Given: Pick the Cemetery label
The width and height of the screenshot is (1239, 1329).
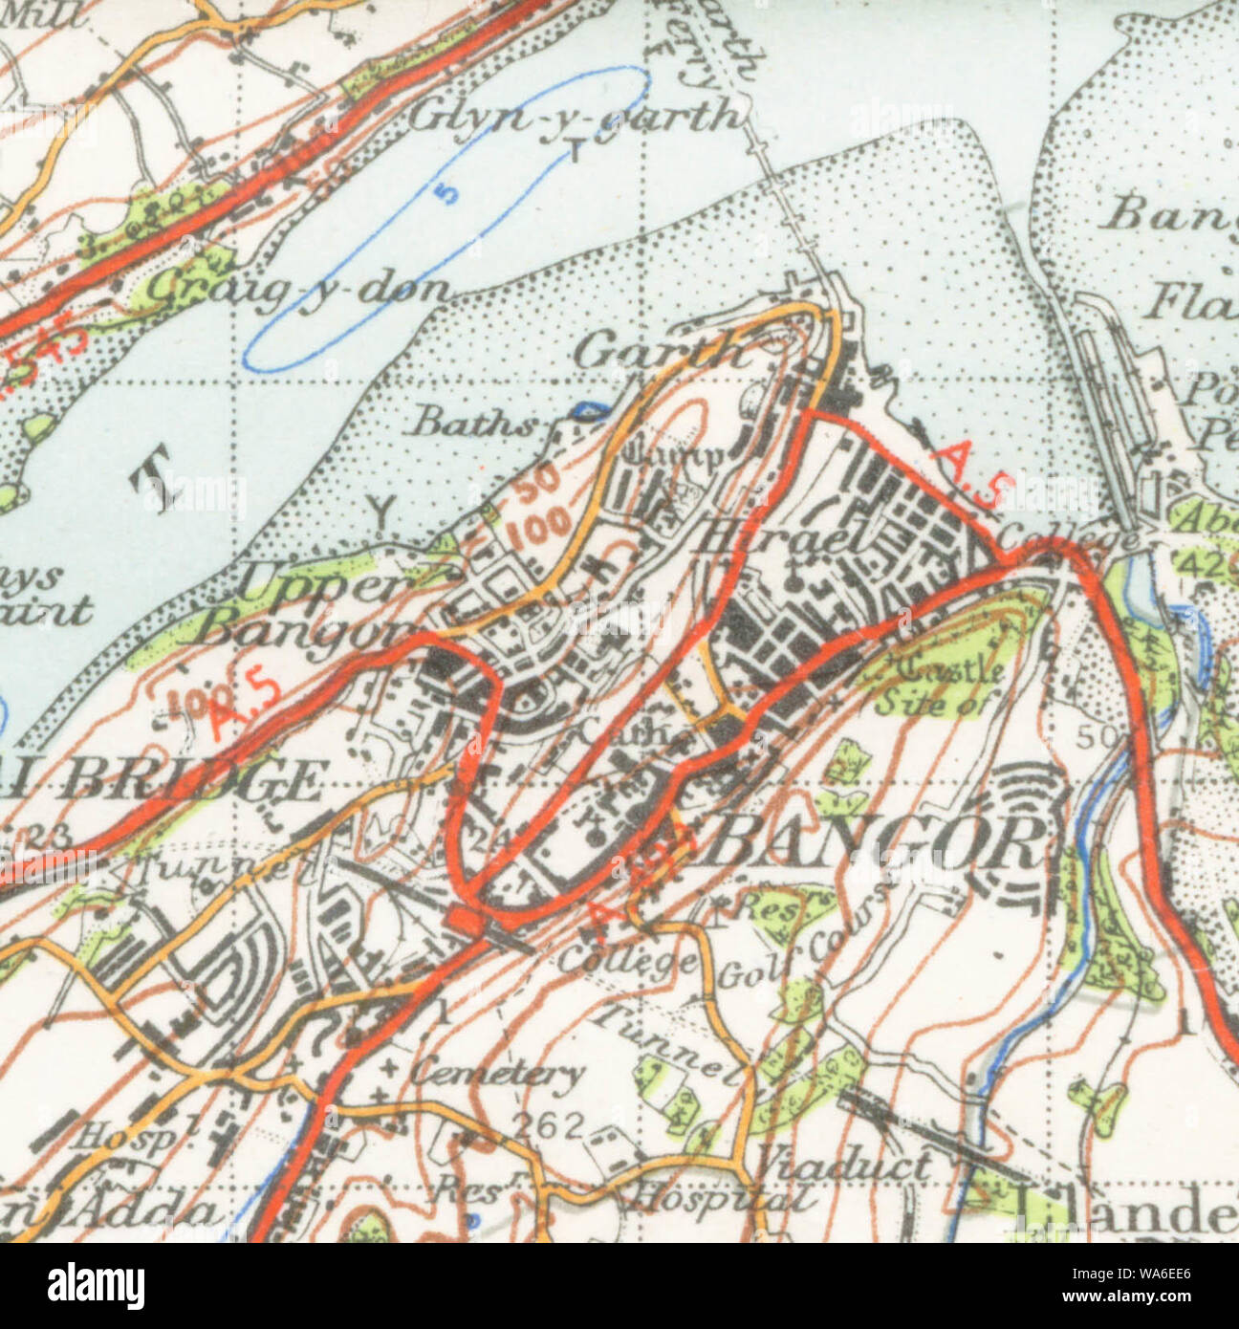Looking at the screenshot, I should [497, 1073].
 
